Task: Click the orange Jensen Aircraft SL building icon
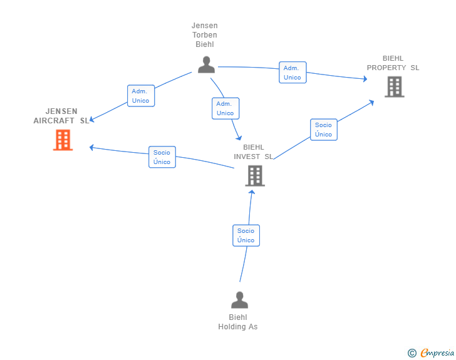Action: (63, 140)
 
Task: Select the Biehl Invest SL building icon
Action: (254, 176)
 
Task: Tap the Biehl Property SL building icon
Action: (394, 87)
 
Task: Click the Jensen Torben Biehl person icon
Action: (205, 64)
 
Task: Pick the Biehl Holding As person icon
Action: (239, 301)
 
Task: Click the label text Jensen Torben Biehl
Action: (205, 35)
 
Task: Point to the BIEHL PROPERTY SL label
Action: (393, 63)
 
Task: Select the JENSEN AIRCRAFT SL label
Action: (61, 116)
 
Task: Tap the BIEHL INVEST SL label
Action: (253, 152)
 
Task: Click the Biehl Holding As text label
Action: (238, 322)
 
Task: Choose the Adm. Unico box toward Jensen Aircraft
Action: (140, 96)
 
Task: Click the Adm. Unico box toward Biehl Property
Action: (292, 73)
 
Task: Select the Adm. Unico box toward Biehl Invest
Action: (225, 108)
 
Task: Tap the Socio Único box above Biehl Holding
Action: (246, 235)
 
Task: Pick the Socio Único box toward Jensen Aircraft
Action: (162, 157)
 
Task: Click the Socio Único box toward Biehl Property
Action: (323, 130)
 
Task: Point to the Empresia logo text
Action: (437, 353)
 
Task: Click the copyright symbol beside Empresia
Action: (412, 354)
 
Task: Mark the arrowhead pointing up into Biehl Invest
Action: (252, 191)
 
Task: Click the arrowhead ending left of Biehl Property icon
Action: (365, 80)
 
